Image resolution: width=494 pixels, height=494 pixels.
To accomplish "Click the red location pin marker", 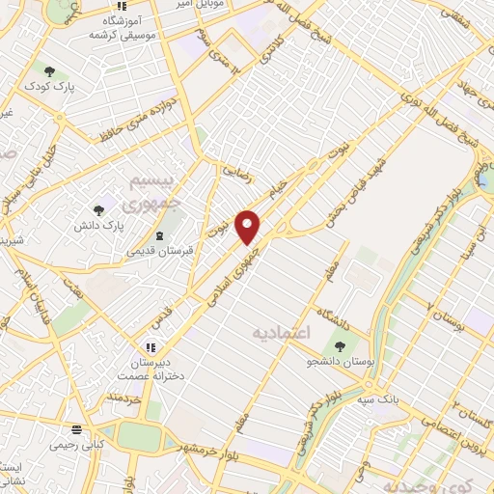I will [248, 227].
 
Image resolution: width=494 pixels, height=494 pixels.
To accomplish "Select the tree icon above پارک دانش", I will [97, 209].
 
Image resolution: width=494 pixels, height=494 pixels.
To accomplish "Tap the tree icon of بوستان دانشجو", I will [339, 345].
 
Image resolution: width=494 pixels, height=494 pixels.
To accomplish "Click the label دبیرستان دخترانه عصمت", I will [151, 369].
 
